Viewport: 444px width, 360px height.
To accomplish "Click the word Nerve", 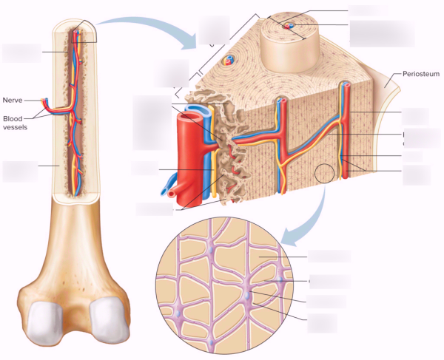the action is [13, 100].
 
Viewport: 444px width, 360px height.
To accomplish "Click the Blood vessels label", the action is [15, 123].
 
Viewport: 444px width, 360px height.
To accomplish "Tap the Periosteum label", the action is [421, 74].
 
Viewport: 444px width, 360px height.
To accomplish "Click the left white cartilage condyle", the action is [46, 322].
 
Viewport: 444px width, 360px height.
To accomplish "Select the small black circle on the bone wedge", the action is [325, 173].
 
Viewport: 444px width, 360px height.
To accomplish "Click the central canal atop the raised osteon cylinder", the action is [289, 26].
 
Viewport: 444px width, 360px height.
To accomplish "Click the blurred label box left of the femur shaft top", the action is [21, 53].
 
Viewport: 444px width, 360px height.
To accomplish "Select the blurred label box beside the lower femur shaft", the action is [20, 171].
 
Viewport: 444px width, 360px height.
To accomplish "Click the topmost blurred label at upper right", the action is [367, 10].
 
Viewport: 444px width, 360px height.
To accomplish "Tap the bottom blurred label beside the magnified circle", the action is [322, 323].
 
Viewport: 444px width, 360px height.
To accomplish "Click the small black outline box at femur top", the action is [84, 31].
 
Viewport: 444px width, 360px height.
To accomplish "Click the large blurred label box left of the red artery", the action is [152, 123].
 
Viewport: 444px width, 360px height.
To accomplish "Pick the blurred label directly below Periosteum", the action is [415, 116].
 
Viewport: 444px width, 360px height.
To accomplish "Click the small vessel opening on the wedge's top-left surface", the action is [229, 60].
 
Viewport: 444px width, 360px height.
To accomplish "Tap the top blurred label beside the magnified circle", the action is [329, 257].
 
